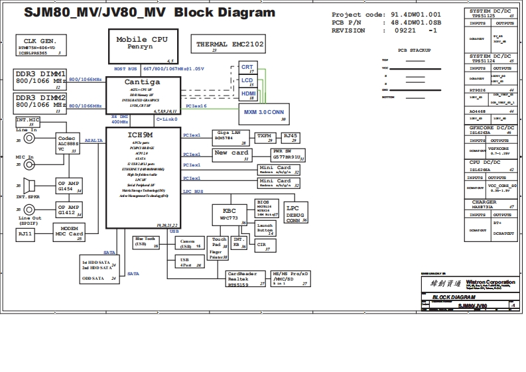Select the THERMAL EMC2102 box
(x=230, y=46)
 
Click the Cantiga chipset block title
(x=142, y=82)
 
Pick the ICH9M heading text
(x=142, y=135)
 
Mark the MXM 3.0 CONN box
(x=264, y=114)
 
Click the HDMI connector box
(x=248, y=95)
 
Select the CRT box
(x=247, y=68)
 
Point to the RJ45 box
(x=291, y=137)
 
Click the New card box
(x=231, y=155)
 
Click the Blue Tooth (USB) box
(x=147, y=242)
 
